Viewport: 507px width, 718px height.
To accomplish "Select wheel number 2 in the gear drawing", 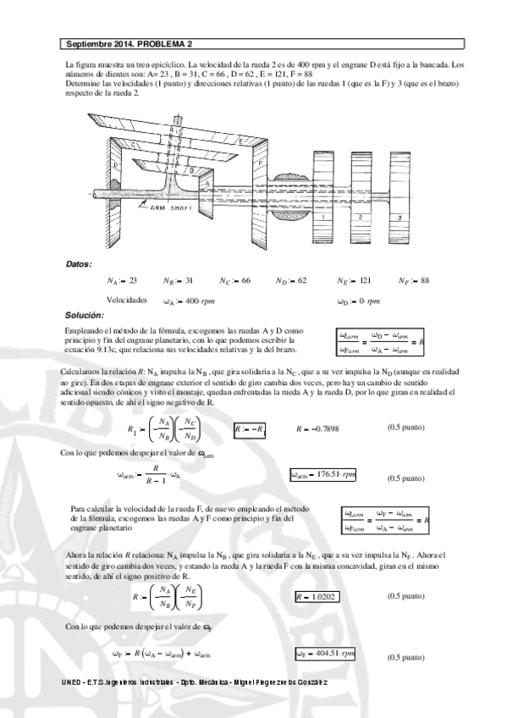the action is coord(361,218).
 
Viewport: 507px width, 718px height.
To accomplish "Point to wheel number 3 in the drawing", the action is coord(399,218).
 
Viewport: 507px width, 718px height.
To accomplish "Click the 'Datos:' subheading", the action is coord(79,264).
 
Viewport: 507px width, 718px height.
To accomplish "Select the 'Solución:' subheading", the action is coord(84,315).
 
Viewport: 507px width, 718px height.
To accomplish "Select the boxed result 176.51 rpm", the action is coord(322,474).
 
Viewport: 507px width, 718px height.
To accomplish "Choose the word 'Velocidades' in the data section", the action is coord(127,300).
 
